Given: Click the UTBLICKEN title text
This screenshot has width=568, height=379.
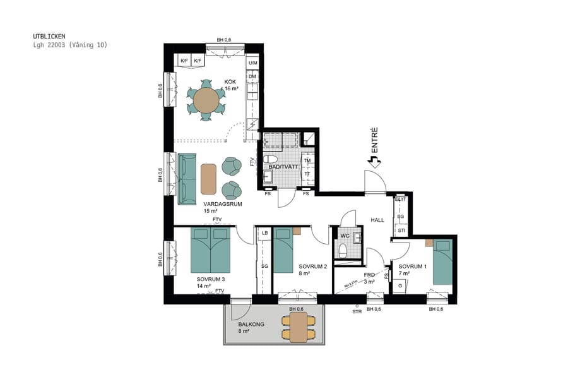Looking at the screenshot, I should point(49,36).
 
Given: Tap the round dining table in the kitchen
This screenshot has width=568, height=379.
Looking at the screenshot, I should point(206,100).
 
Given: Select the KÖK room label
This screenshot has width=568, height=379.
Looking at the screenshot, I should point(230,81).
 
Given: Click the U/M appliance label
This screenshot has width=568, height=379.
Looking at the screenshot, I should point(252,63).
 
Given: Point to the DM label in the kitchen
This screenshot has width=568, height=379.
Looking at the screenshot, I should point(252,76).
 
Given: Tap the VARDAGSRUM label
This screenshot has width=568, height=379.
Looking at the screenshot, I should point(223,204).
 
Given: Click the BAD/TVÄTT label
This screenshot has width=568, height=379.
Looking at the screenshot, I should point(283,165).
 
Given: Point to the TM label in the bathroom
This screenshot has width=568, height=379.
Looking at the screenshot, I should point(307,160).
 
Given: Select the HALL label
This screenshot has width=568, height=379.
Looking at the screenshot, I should point(377,219).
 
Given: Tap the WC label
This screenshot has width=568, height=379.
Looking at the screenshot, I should point(345,236).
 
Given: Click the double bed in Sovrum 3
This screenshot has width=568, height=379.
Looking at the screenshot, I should point(211,250).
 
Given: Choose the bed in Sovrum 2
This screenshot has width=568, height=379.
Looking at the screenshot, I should point(283,250).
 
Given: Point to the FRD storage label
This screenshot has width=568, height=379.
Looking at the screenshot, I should point(370,275).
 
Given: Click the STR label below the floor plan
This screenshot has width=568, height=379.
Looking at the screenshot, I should point(357,310).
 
